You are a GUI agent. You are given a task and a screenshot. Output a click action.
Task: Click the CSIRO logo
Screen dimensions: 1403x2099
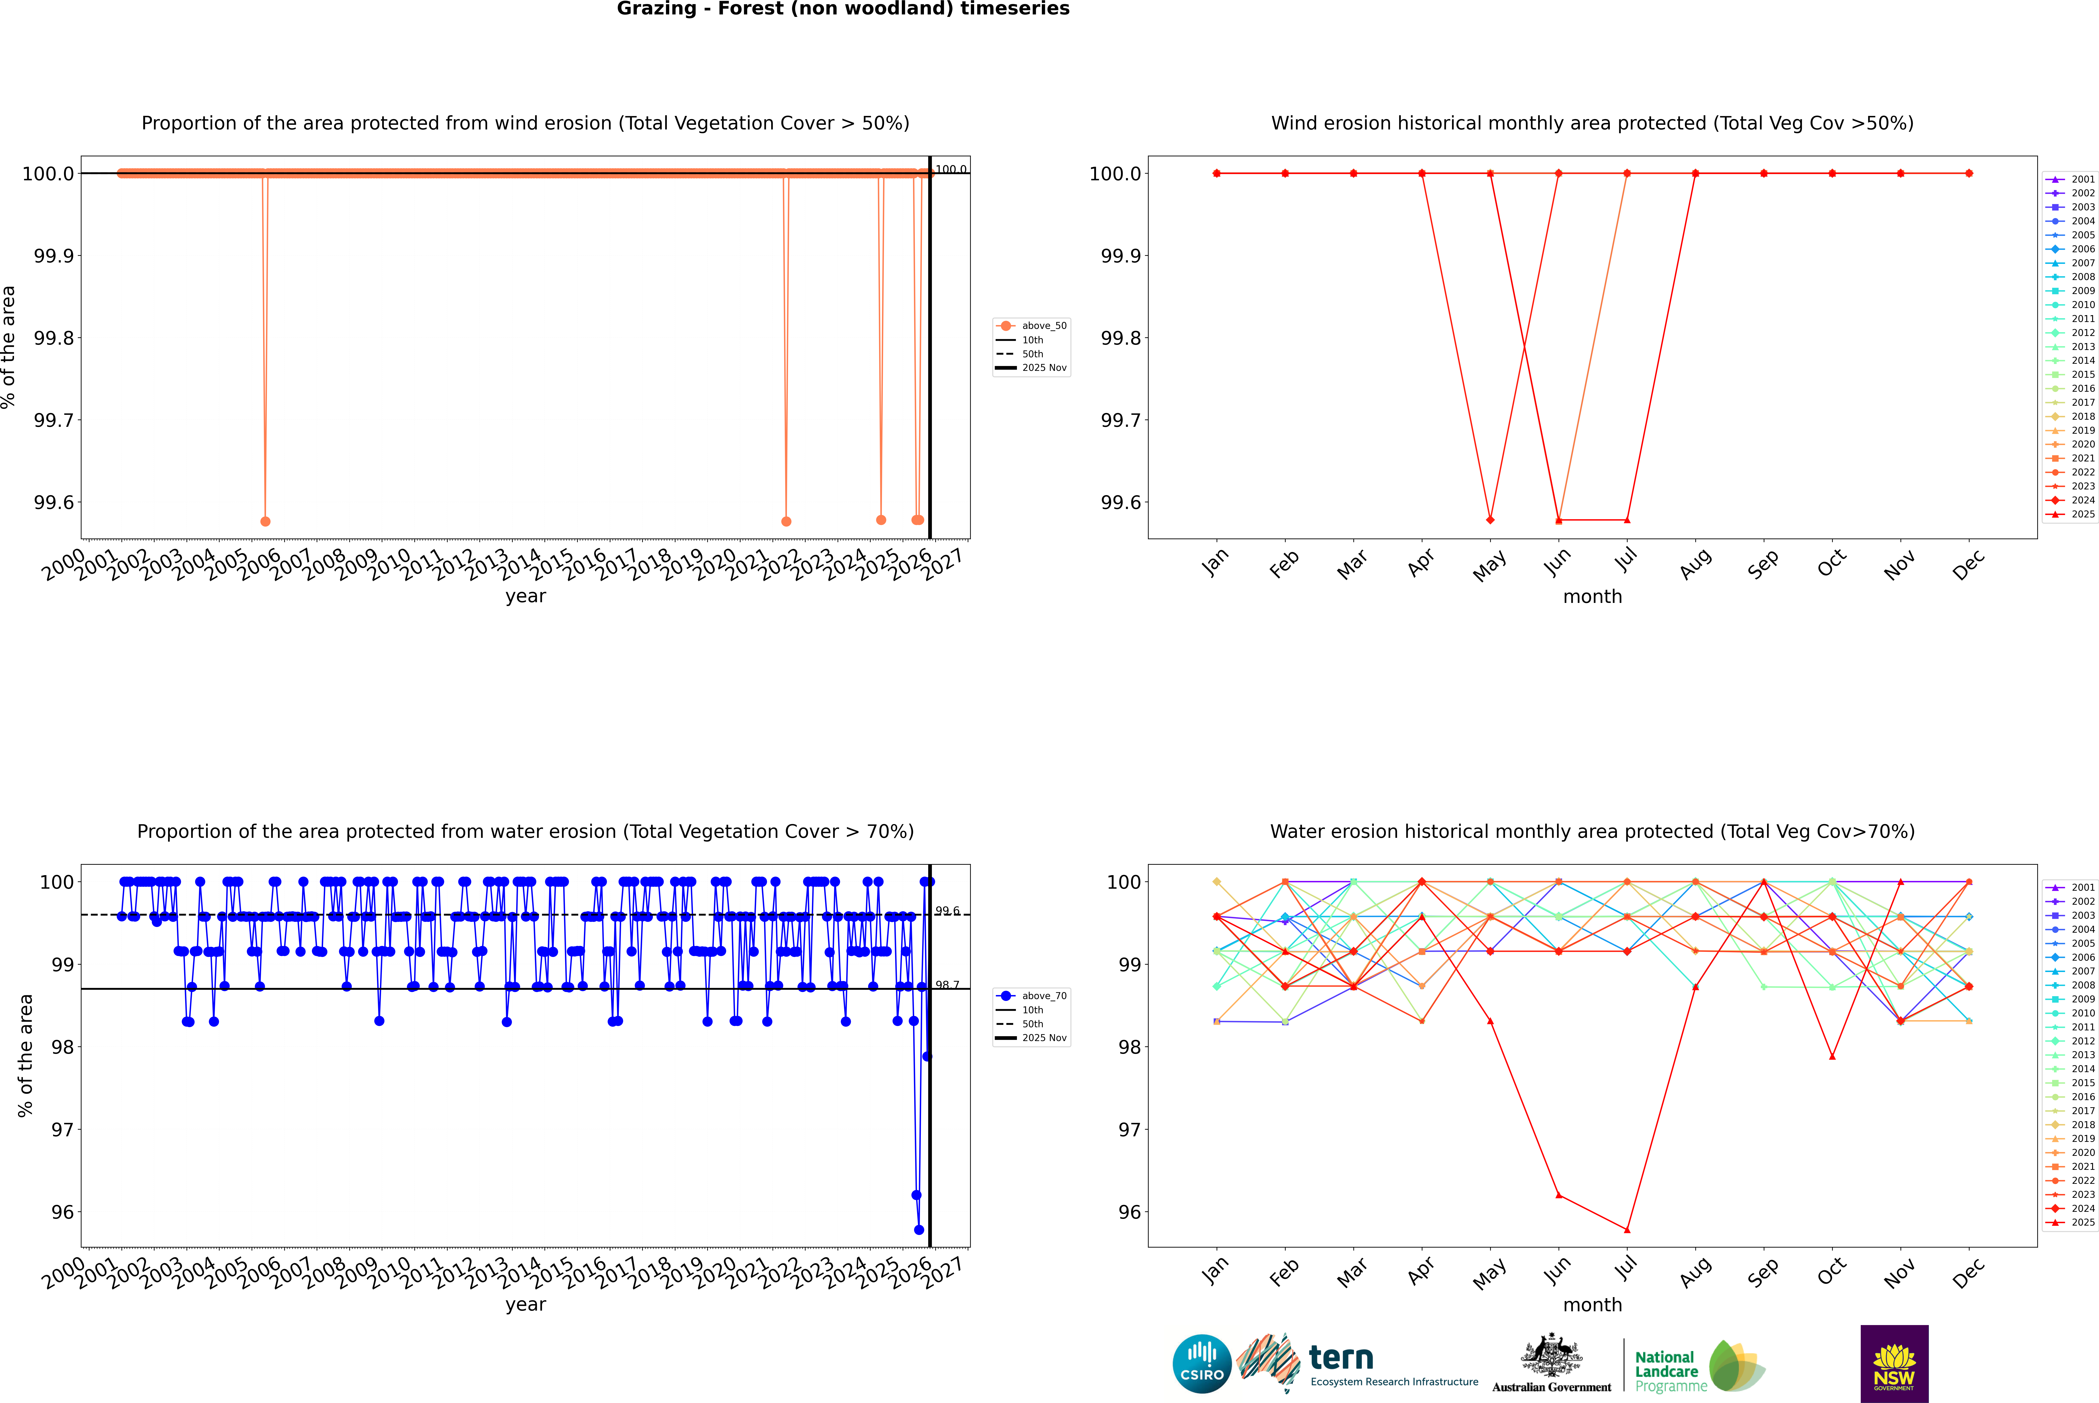click(1202, 1364)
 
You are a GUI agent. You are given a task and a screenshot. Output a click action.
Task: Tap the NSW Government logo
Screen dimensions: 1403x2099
click(1894, 1364)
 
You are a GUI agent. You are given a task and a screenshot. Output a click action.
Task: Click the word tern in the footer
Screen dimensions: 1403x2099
click(1340, 1358)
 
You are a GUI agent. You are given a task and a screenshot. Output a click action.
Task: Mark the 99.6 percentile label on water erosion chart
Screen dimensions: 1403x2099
click(947, 911)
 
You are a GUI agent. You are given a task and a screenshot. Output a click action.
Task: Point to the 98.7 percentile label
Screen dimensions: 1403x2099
click(947, 985)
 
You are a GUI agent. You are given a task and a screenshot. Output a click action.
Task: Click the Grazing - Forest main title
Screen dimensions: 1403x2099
click(843, 9)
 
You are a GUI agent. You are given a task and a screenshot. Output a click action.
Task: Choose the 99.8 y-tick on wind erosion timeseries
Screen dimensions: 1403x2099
click(54, 338)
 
